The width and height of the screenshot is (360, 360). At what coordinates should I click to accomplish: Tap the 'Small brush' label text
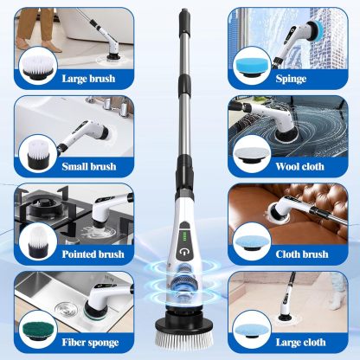(x=90, y=165)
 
